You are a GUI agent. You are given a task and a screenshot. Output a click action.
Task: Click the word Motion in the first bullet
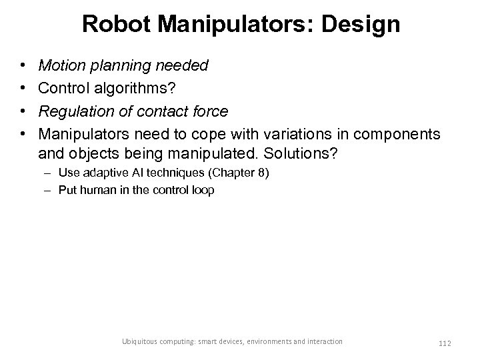pos(61,66)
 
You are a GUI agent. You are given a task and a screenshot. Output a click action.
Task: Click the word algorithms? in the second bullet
pos(133,89)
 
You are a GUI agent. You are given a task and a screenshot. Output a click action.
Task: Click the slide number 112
pos(445,343)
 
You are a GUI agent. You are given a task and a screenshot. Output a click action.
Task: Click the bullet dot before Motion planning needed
pos(23,66)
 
